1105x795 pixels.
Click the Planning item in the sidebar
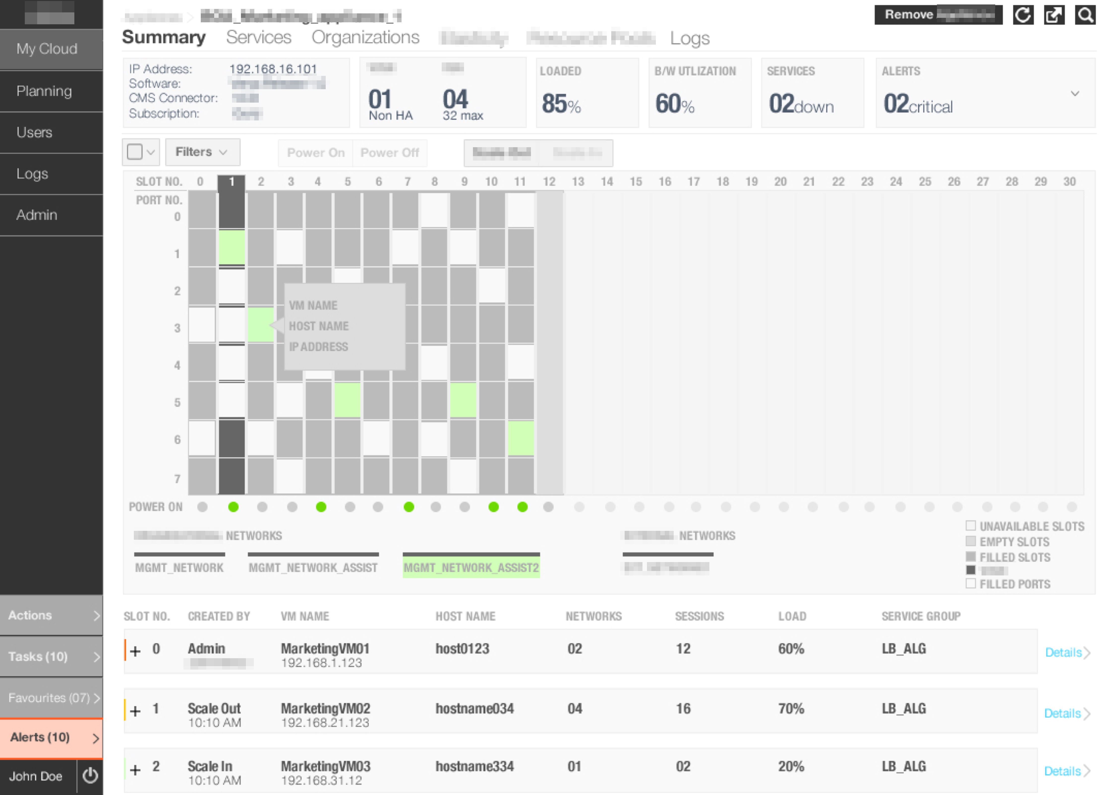pos(44,91)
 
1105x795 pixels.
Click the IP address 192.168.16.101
pos(273,69)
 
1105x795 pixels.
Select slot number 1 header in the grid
pos(232,182)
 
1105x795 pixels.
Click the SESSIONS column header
pos(699,616)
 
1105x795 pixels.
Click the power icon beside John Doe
pos(90,775)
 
